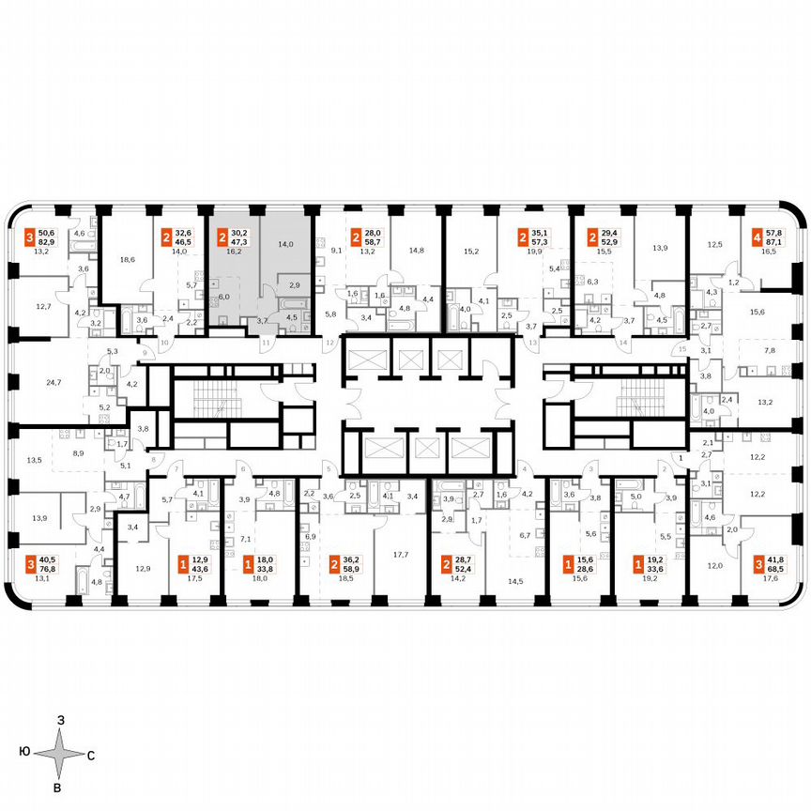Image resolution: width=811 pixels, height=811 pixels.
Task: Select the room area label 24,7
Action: pyautogui.click(x=53, y=384)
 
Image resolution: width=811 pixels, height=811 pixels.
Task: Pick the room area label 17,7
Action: pyautogui.click(x=401, y=555)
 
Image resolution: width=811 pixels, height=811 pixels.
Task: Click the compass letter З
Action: pyautogui.click(x=60, y=719)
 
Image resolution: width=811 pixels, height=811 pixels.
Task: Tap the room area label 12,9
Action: pyautogui.click(x=142, y=568)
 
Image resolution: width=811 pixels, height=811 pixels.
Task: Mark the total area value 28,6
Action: pyautogui.click(x=584, y=569)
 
